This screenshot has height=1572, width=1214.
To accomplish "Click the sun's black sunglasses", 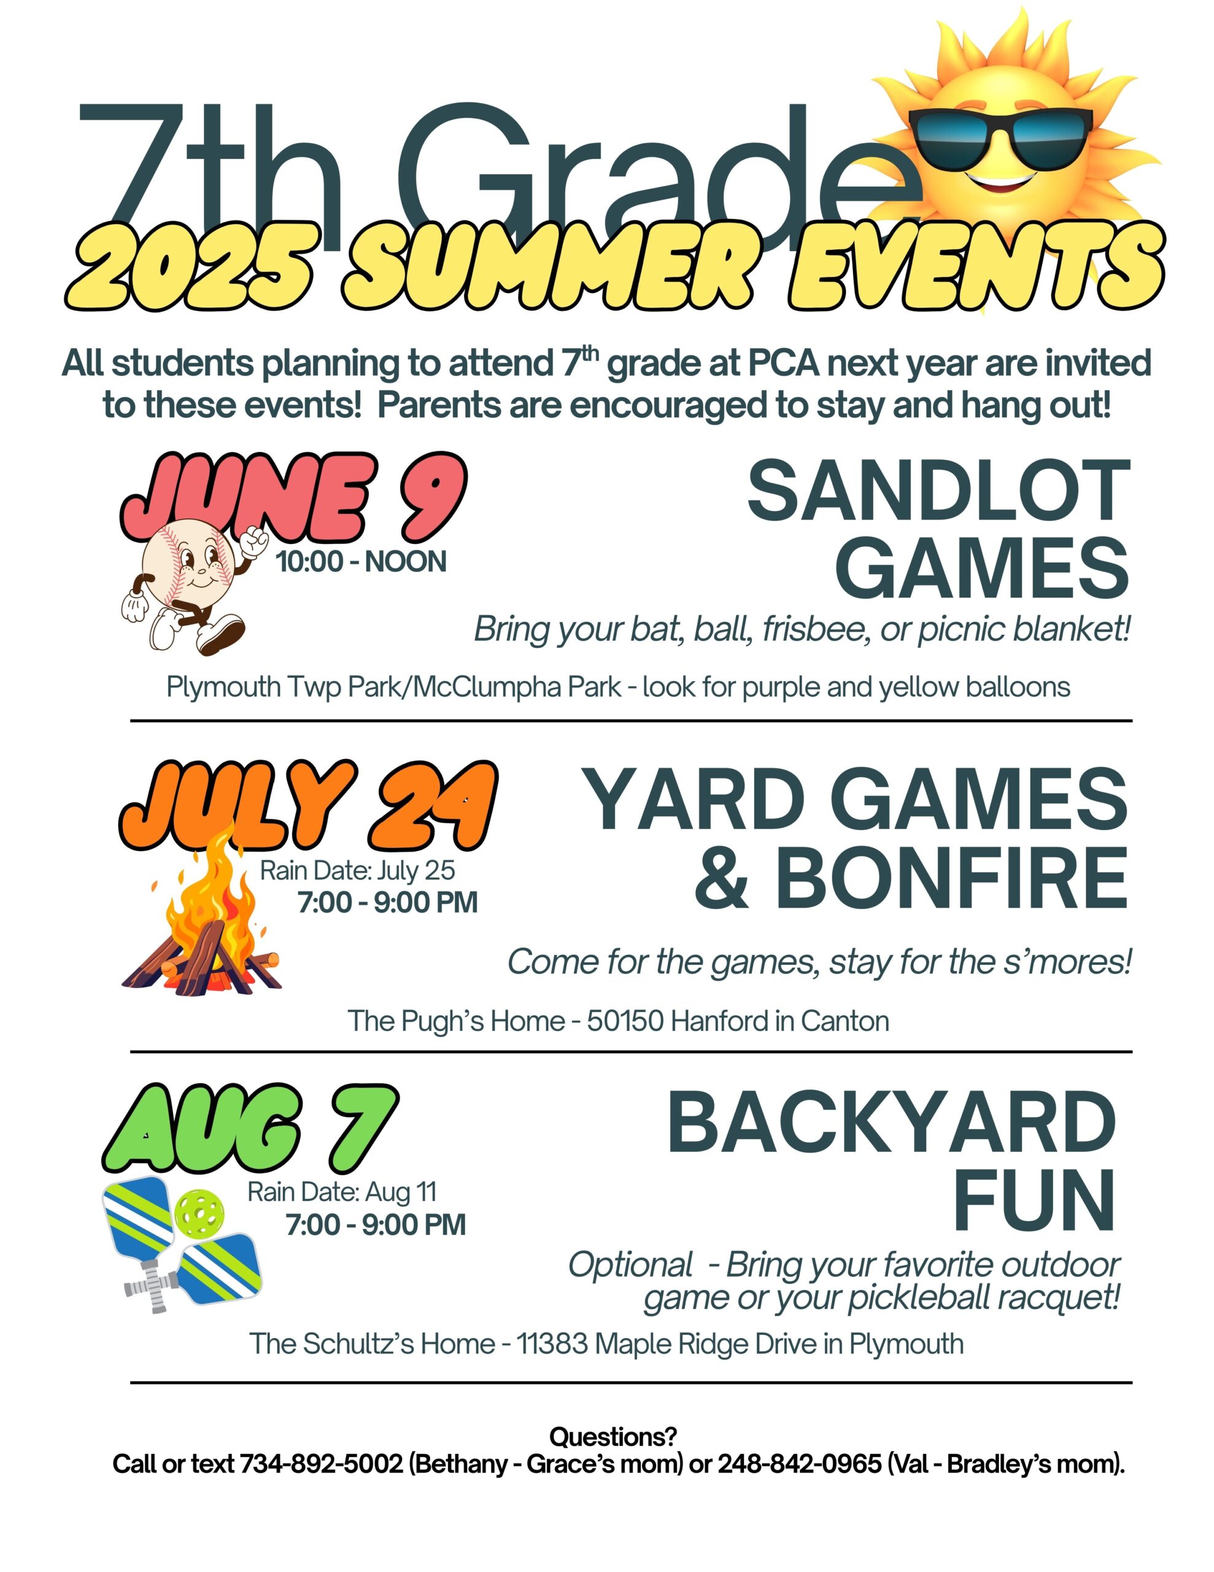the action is coord(1000,136).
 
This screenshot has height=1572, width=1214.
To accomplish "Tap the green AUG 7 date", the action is coord(250,1129).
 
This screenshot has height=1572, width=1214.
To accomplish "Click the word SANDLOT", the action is coord(938,493).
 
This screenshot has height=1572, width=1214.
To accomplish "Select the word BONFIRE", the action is coord(951,879).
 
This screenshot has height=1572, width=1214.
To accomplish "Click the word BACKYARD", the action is coord(892,1124).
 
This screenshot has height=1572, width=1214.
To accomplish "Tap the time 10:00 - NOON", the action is coord(361,562).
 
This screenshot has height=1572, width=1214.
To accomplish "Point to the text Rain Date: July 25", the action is coord(358,871).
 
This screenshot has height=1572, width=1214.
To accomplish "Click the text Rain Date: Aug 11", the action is coord(342,1192).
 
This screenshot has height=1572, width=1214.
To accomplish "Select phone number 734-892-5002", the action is coord(321,1464).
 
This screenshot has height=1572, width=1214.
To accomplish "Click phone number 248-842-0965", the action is coord(800,1464).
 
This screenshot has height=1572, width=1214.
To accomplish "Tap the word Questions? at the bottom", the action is coord(613,1437).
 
